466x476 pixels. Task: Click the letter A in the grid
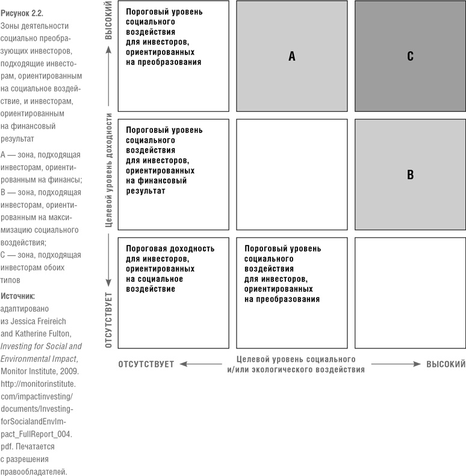click(x=292, y=57)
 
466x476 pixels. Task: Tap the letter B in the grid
click(x=410, y=175)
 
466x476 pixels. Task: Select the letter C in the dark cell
click(x=410, y=57)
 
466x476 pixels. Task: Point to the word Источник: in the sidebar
click(x=17, y=296)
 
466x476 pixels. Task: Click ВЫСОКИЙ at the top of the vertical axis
click(x=109, y=23)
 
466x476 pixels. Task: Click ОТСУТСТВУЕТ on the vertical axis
click(x=109, y=320)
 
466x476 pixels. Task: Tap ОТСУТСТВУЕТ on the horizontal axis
click(x=146, y=364)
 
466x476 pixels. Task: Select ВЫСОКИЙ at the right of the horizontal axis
click(x=446, y=364)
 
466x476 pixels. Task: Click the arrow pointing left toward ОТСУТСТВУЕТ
click(x=202, y=364)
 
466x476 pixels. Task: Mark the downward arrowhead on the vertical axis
click(x=109, y=282)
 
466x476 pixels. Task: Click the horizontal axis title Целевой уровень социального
click(x=296, y=359)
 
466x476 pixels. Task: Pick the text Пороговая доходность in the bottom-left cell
click(x=170, y=248)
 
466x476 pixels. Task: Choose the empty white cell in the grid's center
click(x=292, y=175)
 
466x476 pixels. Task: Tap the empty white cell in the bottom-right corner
click(x=410, y=293)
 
